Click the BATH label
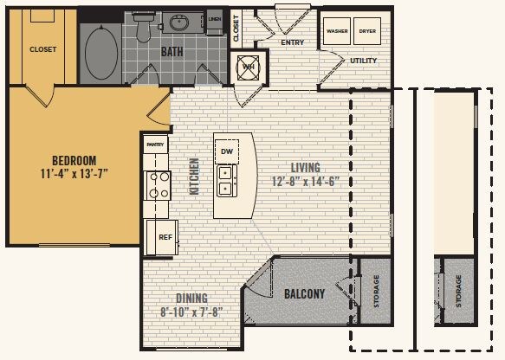[x=172, y=52]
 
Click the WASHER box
[x=337, y=31]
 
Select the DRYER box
[x=368, y=31]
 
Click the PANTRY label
[x=156, y=145]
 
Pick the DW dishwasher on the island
[x=227, y=151]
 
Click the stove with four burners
[x=157, y=185]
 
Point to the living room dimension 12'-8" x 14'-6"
[x=306, y=181]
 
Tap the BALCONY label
[x=304, y=294]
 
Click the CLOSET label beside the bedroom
[x=42, y=49]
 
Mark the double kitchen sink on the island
[x=226, y=178]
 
